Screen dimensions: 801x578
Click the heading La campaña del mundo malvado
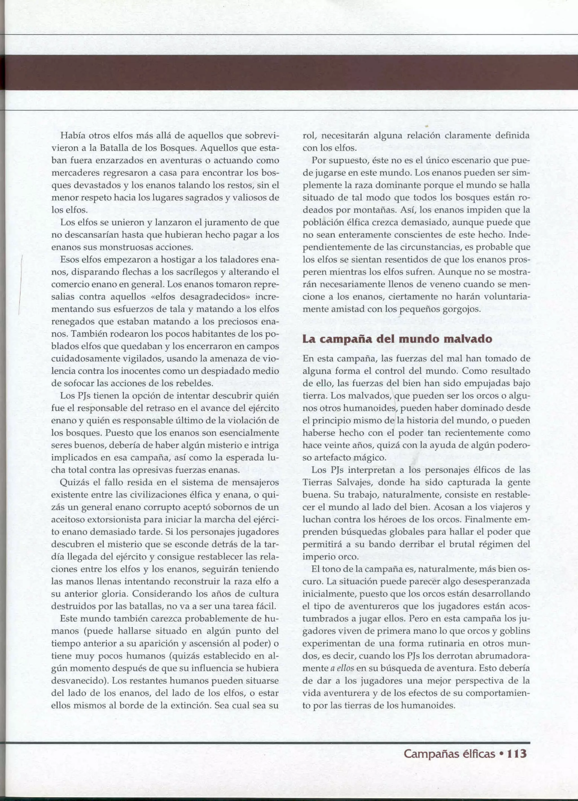click(x=397, y=339)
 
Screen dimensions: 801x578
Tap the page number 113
click(x=517, y=753)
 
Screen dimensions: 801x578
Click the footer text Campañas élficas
click(x=449, y=754)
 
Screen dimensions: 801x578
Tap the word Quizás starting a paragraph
click(x=75, y=482)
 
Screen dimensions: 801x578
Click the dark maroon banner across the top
click(x=289, y=72)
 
